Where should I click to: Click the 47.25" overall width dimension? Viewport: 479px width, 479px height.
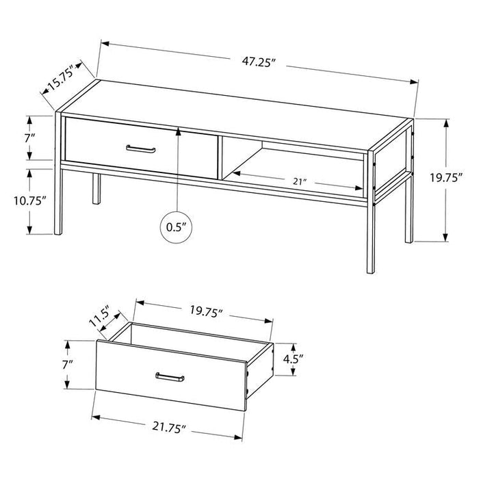tap(259, 61)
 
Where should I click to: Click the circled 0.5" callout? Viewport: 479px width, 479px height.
tap(177, 227)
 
